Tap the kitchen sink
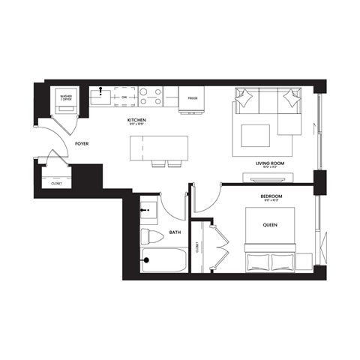[100, 97]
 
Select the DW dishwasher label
[124, 97]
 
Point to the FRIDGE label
[193, 97]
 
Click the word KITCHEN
[136, 119]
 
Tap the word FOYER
[82, 142]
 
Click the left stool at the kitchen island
[159, 164]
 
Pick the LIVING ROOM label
[268, 163]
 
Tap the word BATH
[175, 232]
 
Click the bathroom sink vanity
[149, 209]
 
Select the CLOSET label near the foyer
[57, 182]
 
